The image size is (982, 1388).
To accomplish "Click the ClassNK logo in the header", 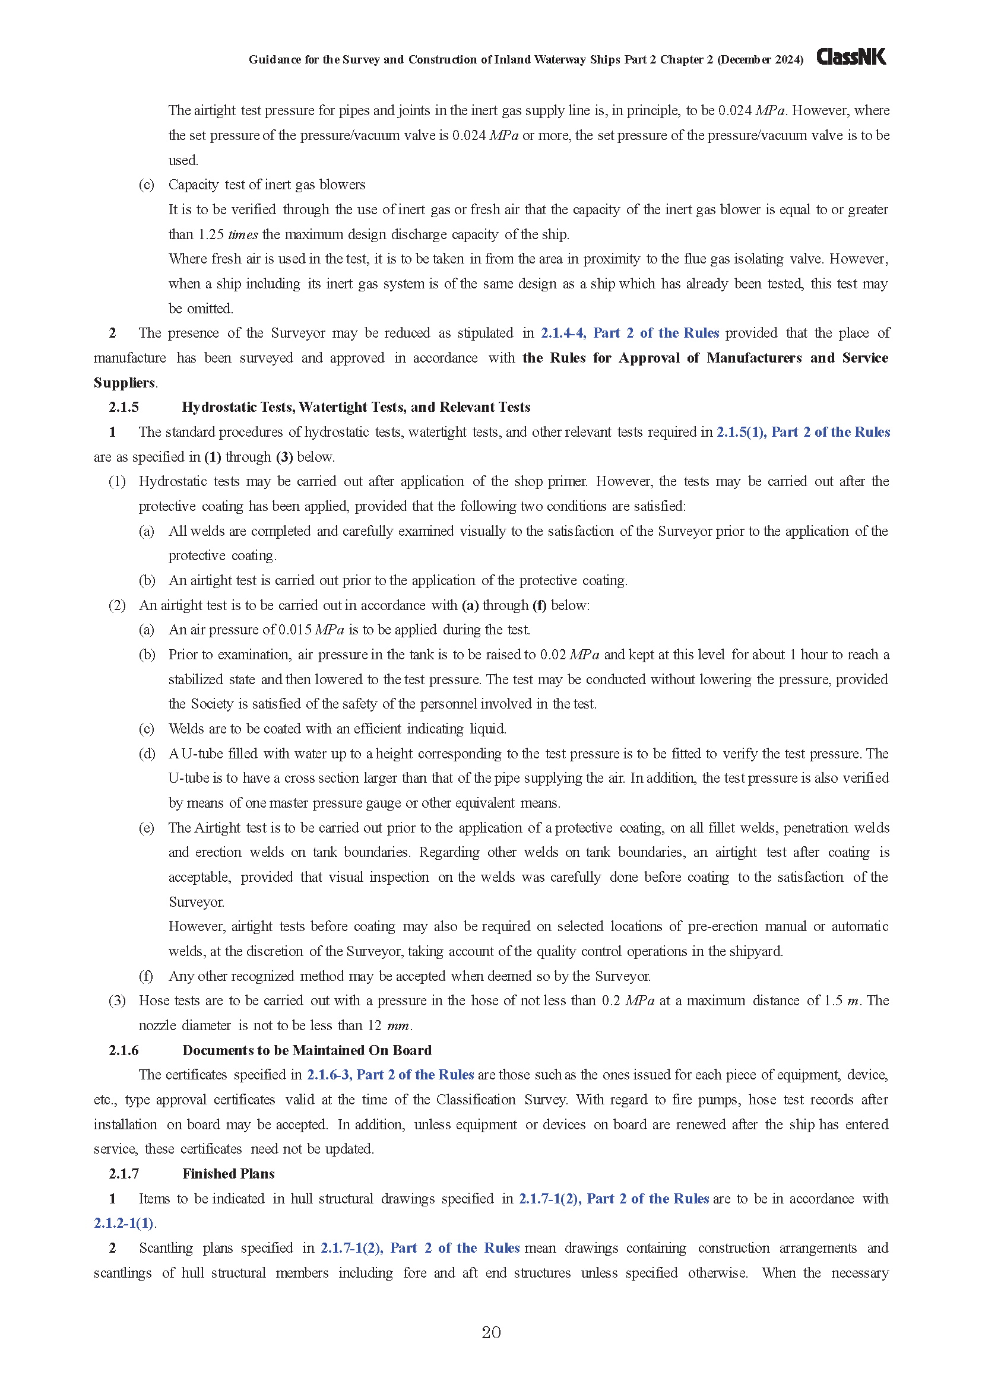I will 851,57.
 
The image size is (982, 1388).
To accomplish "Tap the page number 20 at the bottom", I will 491,1332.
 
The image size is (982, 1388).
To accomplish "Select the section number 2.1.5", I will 123,408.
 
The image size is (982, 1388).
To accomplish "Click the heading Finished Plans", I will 229,1174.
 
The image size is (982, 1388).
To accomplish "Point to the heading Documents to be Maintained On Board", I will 307,1050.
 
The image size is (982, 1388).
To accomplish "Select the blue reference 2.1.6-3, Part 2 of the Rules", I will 391,1075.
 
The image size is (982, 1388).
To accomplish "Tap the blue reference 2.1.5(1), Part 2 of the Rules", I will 803,432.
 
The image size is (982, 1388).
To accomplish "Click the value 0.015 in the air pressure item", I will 295,630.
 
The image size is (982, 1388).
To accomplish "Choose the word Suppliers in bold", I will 124,383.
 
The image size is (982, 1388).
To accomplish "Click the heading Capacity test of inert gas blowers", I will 267,185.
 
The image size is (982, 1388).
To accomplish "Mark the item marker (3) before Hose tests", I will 117,1000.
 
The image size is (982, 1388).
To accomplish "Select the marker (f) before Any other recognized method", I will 145,976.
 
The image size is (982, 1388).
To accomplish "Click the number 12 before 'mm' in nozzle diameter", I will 375,1025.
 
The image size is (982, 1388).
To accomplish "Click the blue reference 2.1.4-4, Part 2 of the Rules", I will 629,333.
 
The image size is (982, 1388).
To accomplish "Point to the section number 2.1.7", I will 123,1174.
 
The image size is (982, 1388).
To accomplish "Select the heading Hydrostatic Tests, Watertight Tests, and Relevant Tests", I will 356,408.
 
